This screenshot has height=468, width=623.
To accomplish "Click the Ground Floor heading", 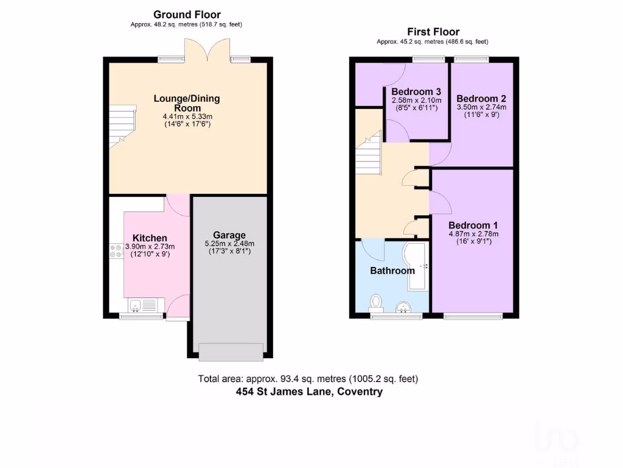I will [x=187, y=15].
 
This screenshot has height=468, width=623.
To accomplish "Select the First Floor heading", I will [x=433, y=32].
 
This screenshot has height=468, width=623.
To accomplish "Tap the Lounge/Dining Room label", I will [x=187, y=103].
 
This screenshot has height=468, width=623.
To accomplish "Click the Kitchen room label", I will [x=150, y=238].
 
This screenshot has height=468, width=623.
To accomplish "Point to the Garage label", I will [x=229, y=235].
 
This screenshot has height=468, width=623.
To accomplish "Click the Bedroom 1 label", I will [x=473, y=224].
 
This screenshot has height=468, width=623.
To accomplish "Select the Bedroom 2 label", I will [x=481, y=99].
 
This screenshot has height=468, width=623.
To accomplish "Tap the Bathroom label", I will [x=392, y=270].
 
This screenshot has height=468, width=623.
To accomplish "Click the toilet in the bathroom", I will [x=377, y=302].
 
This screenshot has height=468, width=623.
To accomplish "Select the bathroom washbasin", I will [x=403, y=307].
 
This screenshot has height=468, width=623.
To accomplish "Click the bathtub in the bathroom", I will [x=418, y=267].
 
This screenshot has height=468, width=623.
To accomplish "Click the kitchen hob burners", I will [x=116, y=250].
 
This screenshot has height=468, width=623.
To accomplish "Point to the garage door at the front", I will [x=231, y=352].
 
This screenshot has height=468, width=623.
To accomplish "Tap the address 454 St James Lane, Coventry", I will [x=309, y=392].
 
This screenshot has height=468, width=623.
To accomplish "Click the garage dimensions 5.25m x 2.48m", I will [x=229, y=244].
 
